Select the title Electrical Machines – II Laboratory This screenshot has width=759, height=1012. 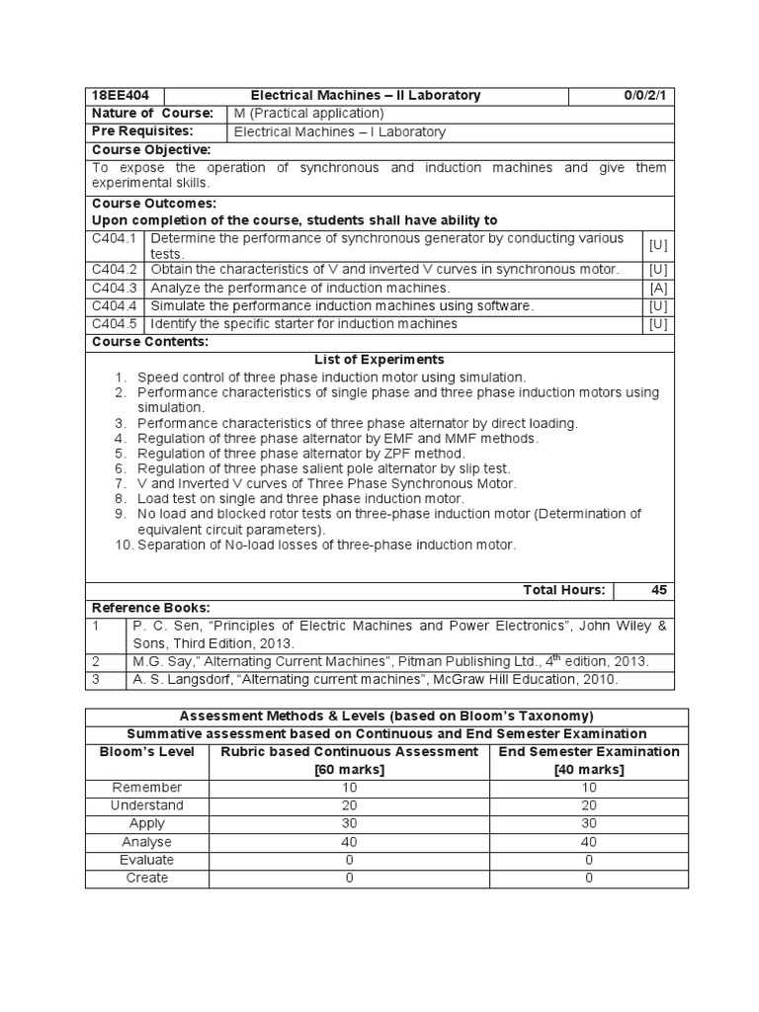pyautogui.click(x=366, y=96)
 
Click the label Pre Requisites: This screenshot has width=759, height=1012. pyautogui.click(x=142, y=131)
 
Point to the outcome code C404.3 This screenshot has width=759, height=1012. pyautogui.click(x=116, y=288)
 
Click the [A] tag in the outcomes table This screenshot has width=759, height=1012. pyautogui.click(x=658, y=288)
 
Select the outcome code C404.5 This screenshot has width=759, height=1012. pyautogui.click(x=116, y=323)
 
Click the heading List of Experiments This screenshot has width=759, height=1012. pyautogui.click(x=379, y=360)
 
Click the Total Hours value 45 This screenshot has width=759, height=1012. pyautogui.click(x=658, y=590)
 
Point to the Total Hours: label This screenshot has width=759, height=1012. pyautogui.click(x=563, y=590)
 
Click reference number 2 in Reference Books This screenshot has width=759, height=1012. pyautogui.click(x=96, y=661)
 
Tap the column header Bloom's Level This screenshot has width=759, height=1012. pyautogui.click(x=147, y=751)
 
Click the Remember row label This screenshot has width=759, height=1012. pyautogui.click(x=147, y=788)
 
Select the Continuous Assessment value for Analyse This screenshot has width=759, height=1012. pyautogui.click(x=349, y=842)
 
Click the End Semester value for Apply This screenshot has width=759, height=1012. pyautogui.click(x=589, y=824)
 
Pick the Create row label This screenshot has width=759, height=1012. pyautogui.click(x=147, y=878)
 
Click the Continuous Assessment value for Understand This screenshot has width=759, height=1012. pyautogui.click(x=349, y=805)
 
